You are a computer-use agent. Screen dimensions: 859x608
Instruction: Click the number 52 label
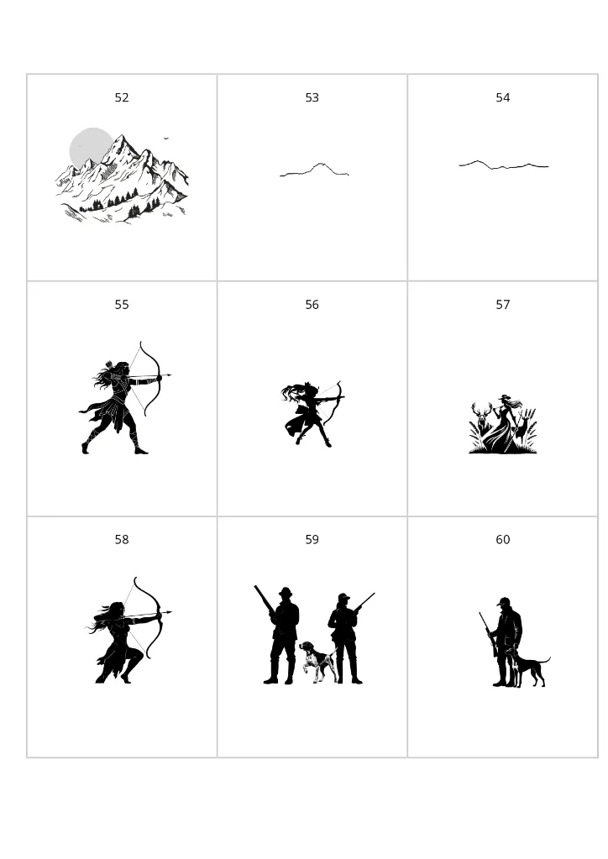click(x=122, y=98)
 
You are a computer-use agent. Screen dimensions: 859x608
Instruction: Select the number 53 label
click(x=312, y=98)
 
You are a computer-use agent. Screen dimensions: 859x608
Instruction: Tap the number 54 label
click(x=503, y=98)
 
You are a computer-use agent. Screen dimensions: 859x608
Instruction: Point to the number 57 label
click(x=503, y=305)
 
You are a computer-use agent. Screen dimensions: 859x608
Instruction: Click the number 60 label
click(x=503, y=540)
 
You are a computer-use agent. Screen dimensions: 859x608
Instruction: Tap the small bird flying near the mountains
click(x=166, y=138)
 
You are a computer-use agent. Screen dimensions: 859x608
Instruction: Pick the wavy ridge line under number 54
click(x=504, y=165)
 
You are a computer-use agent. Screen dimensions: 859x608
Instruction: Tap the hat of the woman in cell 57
click(x=504, y=397)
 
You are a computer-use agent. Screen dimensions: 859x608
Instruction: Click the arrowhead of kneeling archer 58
click(x=169, y=612)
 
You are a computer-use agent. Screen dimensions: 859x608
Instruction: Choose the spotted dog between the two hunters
click(x=318, y=660)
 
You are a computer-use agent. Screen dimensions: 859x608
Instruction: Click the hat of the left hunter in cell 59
click(x=286, y=592)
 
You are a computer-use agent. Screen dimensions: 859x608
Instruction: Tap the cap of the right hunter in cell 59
click(x=343, y=597)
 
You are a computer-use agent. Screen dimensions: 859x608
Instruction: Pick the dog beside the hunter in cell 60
click(x=530, y=668)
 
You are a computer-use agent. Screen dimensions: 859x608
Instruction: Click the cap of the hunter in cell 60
click(x=503, y=601)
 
